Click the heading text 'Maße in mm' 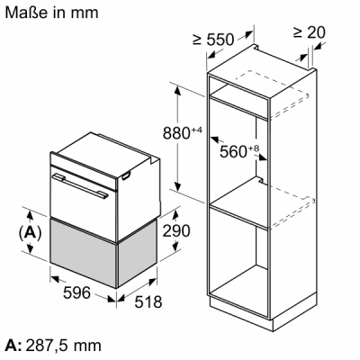tap(51, 13)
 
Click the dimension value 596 tap(76, 292)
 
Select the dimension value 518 tap(148, 301)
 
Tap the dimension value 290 tap(176, 230)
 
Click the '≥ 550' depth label tap(213, 40)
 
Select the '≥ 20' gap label tap(310, 32)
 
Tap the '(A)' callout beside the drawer tap(30, 233)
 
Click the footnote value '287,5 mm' tap(63, 346)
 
